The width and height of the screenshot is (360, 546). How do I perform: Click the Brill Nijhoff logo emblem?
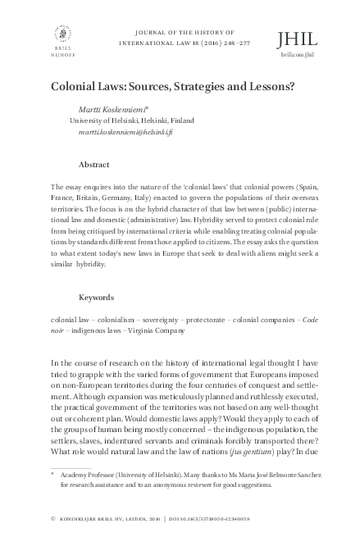61,35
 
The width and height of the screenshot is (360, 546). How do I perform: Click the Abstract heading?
94,164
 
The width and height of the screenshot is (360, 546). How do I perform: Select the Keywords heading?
96,297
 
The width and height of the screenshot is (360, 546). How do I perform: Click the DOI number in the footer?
271,519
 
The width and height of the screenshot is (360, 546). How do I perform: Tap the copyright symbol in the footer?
53,519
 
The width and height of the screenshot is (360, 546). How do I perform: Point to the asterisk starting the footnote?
52,473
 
